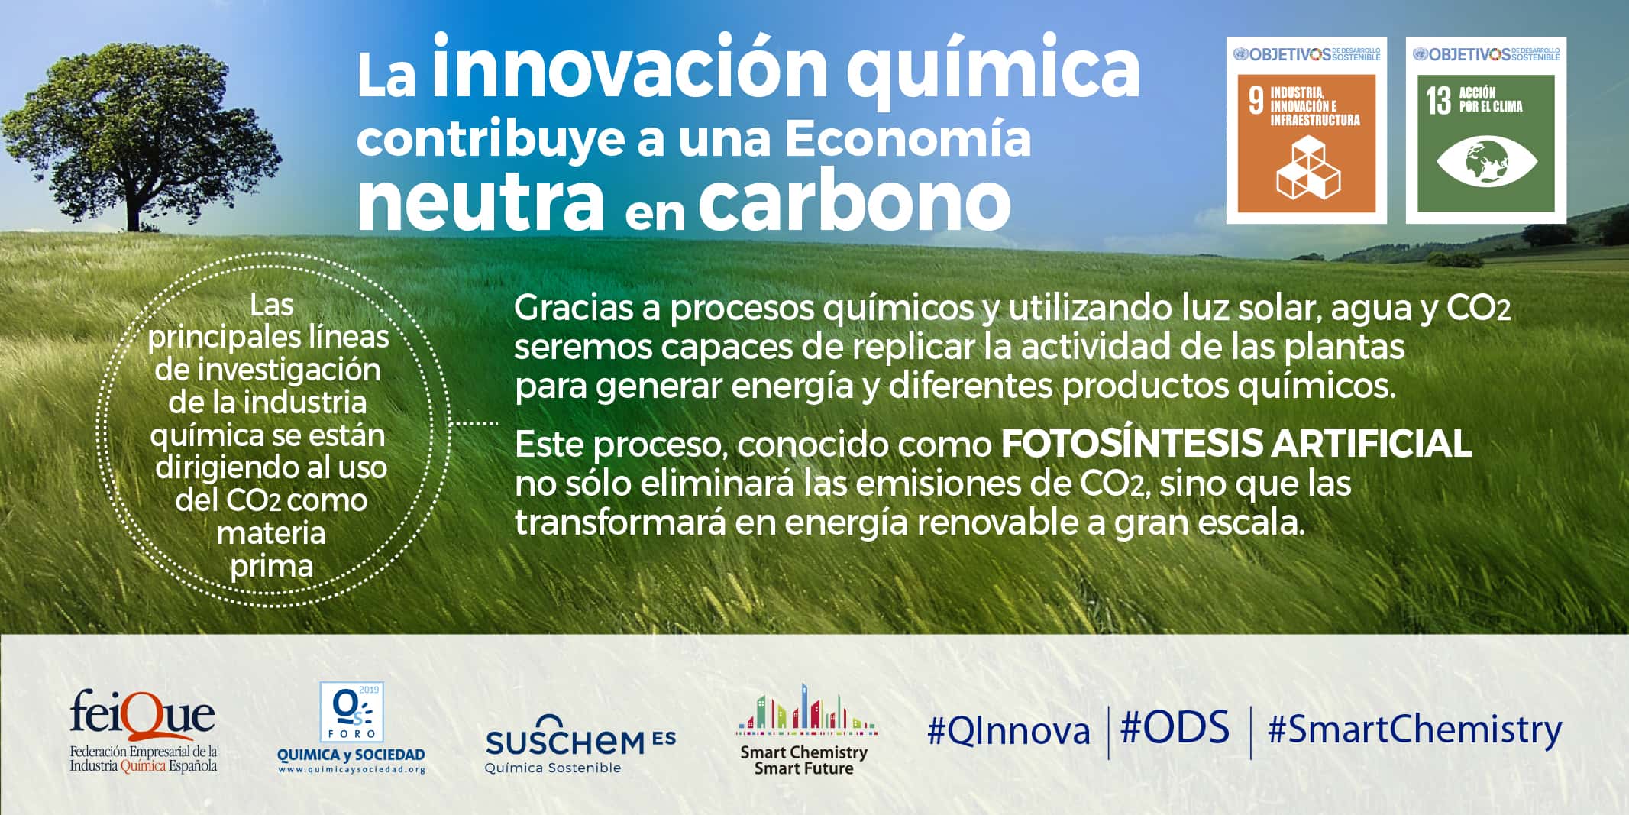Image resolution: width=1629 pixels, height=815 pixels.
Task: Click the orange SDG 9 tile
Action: tap(1306, 130)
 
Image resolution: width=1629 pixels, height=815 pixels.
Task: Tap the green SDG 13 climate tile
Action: tap(1485, 130)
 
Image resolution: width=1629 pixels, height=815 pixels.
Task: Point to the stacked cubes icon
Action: tap(1308, 167)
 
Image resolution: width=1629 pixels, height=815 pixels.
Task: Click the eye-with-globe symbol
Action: tap(1486, 161)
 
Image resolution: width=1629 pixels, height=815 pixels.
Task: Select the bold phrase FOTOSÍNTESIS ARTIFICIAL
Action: tap(1236, 444)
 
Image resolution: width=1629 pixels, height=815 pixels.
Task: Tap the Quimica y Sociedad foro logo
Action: tap(351, 728)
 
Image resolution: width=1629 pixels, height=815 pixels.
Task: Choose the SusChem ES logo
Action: tap(580, 743)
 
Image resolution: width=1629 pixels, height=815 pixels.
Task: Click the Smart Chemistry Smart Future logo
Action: tap(805, 730)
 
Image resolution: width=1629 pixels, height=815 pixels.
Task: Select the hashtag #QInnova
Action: tap(1008, 731)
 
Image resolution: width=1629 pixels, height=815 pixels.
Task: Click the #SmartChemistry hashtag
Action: tap(1414, 730)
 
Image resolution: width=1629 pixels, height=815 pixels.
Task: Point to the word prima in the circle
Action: tap(272, 567)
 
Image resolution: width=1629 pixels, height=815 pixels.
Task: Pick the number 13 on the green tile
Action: tap(1438, 101)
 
